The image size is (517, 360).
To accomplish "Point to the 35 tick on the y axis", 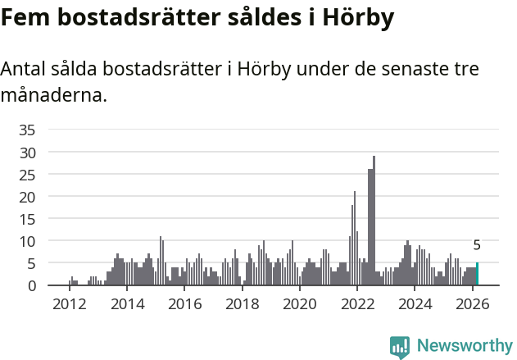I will [27, 130].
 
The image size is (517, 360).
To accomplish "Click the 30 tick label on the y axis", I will [27, 152].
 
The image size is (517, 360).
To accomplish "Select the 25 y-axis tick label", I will [27, 174].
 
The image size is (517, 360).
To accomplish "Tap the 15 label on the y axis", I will [27, 219].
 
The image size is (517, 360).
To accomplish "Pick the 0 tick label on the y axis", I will [31, 285].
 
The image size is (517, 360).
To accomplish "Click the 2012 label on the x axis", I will [69, 304].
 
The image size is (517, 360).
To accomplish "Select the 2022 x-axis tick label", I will [357, 304].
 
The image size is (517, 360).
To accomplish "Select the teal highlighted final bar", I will [477, 275].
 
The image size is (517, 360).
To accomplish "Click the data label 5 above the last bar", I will [477, 245].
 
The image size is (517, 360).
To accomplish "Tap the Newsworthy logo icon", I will [400, 347].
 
